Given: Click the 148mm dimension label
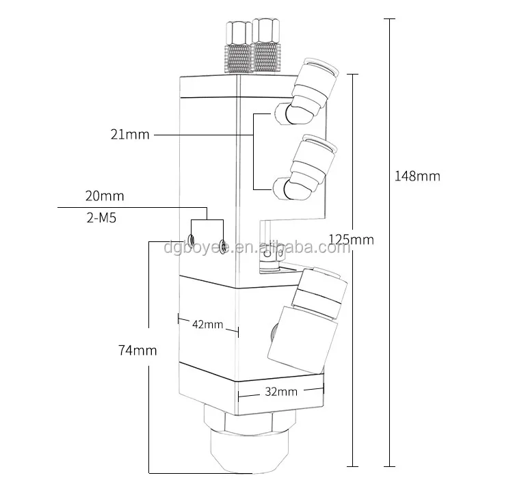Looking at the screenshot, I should coord(417,176).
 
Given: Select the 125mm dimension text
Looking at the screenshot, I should coord(351,239).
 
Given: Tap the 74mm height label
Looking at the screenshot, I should coord(137,350).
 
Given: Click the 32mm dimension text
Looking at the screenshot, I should coord(280,392).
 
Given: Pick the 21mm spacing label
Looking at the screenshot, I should coord(129,135).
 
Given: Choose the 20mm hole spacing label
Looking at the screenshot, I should coord(105,196).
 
